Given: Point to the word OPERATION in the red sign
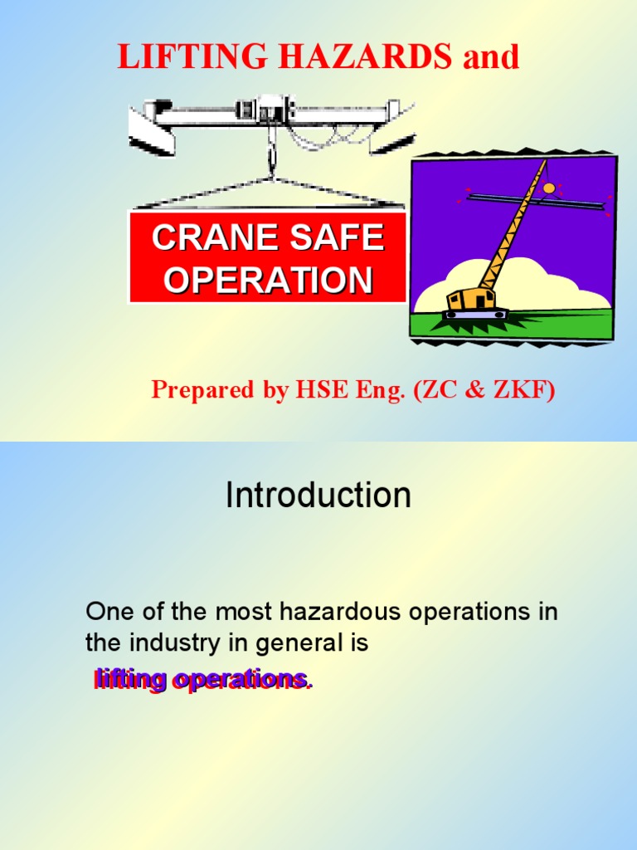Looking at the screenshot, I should tap(267, 281).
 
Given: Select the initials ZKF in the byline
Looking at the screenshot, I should tap(521, 389).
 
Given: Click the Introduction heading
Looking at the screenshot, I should tap(318, 496).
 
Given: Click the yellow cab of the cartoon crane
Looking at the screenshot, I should tap(471, 299).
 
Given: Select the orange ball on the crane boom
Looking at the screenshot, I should tap(549, 188).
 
